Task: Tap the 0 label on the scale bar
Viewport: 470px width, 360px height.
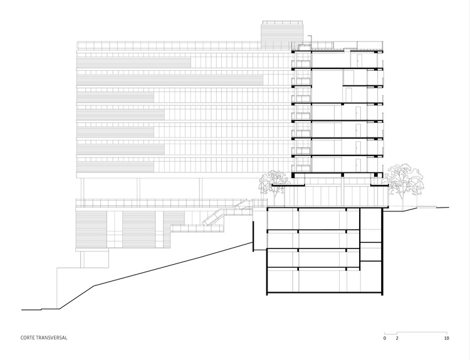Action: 385,338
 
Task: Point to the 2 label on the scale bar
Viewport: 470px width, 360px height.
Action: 397,338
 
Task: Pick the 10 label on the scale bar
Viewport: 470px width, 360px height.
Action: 446,338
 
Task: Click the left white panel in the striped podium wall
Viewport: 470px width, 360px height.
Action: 115,228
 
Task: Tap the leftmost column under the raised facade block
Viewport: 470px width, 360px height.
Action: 82,188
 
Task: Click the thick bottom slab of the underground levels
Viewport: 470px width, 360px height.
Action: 323,292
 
